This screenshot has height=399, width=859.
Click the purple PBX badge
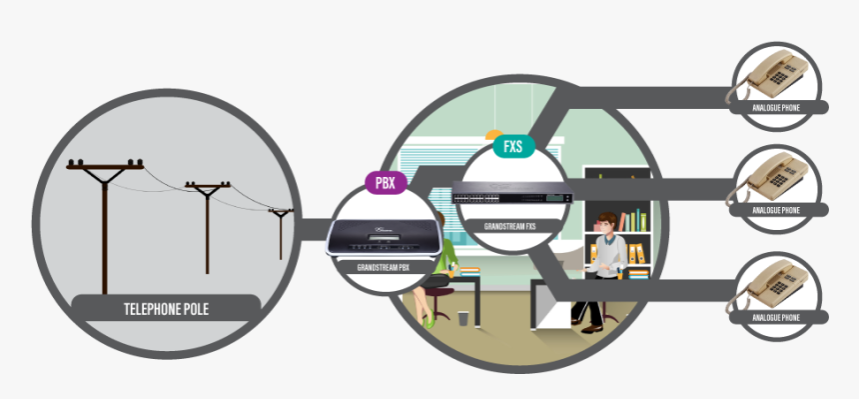pyautogui.click(x=384, y=182)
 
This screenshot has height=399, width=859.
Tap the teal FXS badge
pyautogui.click(x=513, y=146)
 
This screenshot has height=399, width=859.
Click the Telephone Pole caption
pyautogui.click(x=165, y=307)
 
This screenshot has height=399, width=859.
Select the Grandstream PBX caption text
pyautogui.click(x=384, y=267)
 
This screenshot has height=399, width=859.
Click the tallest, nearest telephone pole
pyautogui.click(x=104, y=220)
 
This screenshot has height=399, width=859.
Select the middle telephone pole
pyautogui.click(x=208, y=225)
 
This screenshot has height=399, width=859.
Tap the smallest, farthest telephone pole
pyautogui.click(x=281, y=235)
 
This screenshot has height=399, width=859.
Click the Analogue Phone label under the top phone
pyautogui.click(x=776, y=106)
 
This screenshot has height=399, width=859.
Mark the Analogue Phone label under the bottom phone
pyautogui.click(x=776, y=317)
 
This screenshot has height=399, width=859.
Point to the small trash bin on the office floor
pyautogui.click(x=463, y=319)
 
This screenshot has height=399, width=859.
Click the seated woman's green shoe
pyautogui.click(x=429, y=322)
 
